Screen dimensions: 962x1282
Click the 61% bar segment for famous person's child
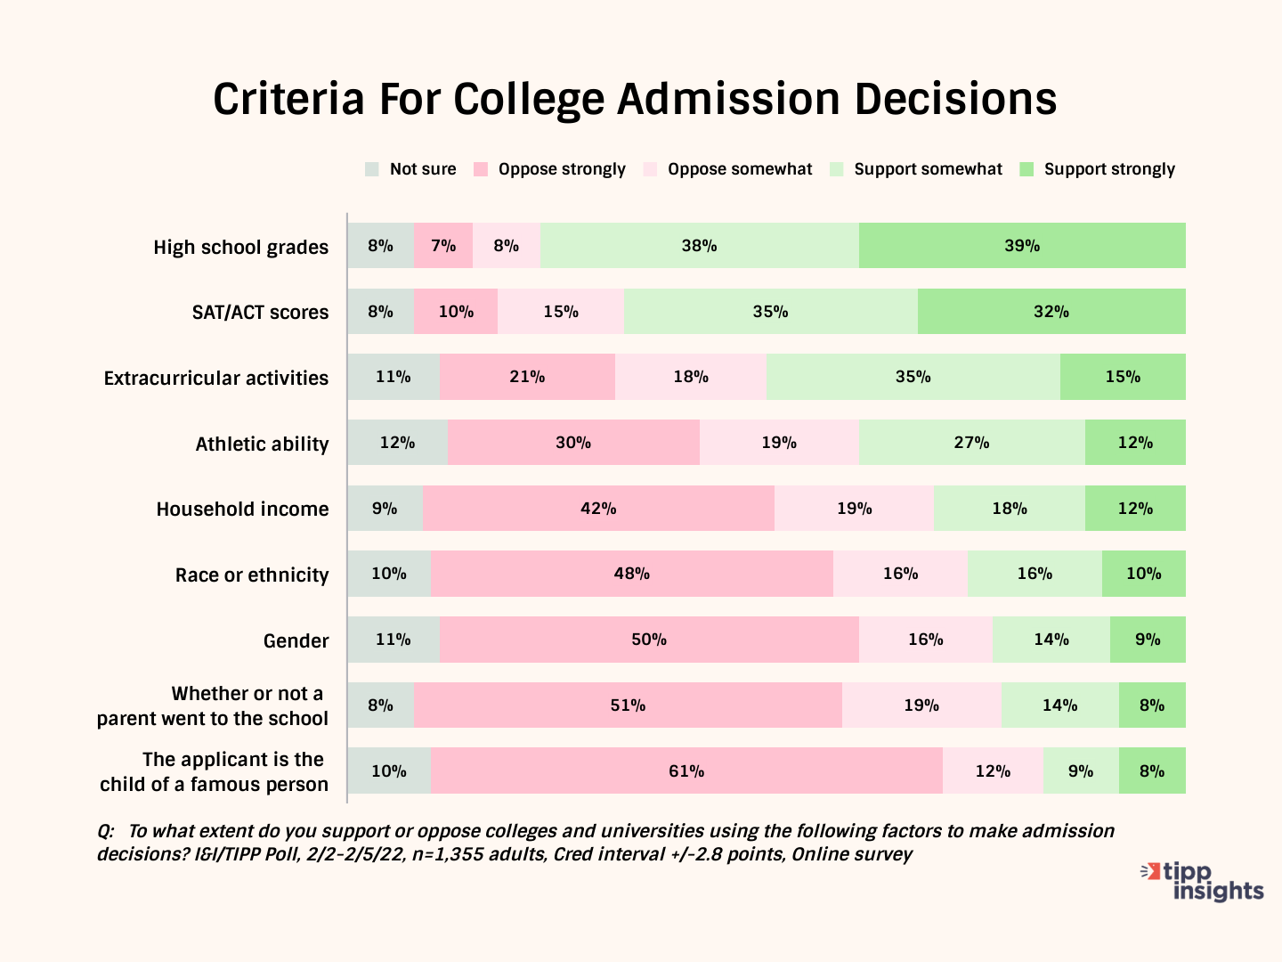tap(686, 771)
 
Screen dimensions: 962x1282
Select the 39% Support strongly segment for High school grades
tap(1022, 246)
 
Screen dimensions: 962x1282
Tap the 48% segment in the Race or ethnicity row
tap(631, 574)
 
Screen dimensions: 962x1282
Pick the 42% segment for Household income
tap(598, 509)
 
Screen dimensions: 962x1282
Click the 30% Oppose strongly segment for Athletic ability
tap(573, 443)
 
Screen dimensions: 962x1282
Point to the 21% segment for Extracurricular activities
tap(527, 377)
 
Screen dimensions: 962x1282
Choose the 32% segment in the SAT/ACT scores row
tap(1051, 312)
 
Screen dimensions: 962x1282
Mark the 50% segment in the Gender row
tap(649, 640)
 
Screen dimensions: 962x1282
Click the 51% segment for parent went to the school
tap(628, 705)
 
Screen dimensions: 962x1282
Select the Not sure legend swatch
tap(372, 169)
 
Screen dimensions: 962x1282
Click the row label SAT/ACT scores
tap(260, 313)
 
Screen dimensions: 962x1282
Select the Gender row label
tap(296, 641)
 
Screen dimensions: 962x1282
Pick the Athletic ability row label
tap(262, 444)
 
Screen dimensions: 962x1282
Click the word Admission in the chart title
tap(728, 99)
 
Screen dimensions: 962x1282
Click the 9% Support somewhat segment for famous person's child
tap(1081, 771)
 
